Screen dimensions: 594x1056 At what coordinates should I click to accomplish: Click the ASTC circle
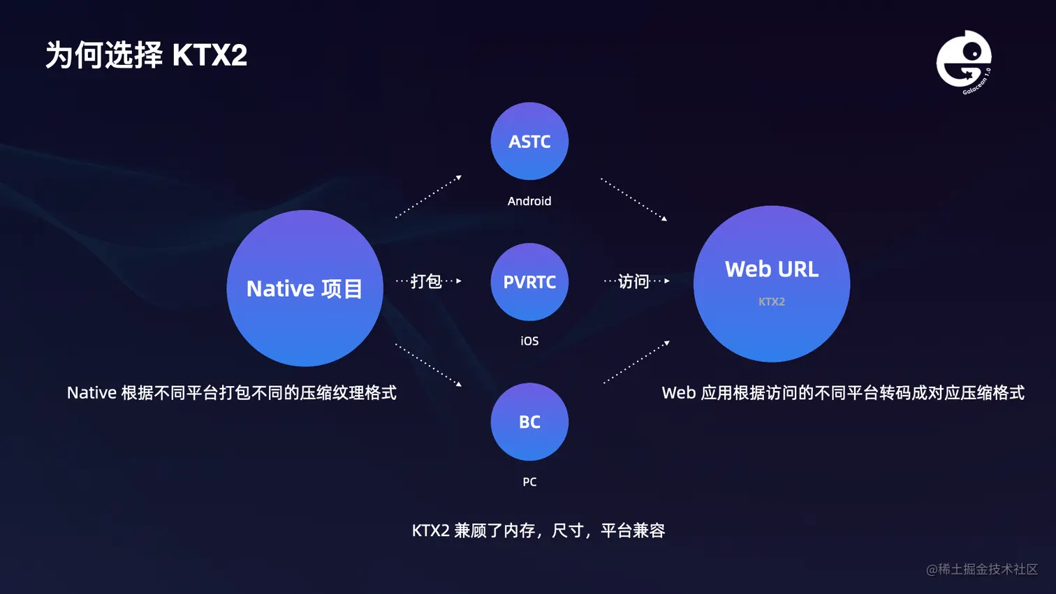point(529,141)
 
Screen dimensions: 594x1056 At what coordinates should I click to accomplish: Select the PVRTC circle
point(529,282)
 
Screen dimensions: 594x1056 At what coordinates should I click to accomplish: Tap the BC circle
point(529,422)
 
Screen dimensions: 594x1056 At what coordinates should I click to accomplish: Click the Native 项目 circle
point(305,288)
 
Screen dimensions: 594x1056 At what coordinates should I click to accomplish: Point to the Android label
point(529,201)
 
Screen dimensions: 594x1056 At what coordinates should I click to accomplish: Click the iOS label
point(529,341)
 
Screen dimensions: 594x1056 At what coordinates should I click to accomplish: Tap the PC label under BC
point(529,482)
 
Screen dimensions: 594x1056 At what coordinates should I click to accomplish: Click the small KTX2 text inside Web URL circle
point(772,302)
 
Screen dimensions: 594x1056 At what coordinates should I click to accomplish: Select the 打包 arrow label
point(426,281)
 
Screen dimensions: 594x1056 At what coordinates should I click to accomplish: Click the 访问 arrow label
point(633,281)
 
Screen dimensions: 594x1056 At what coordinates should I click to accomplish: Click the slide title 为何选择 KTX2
point(147,55)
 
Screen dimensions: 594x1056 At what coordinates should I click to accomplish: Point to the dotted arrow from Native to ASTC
point(428,198)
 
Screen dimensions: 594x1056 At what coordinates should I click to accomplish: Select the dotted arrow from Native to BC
point(428,364)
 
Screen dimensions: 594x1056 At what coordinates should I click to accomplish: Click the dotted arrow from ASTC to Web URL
point(633,200)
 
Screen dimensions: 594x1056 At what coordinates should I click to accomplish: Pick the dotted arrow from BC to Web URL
point(636,362)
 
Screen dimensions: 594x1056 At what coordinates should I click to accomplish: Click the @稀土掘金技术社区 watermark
point(982,570)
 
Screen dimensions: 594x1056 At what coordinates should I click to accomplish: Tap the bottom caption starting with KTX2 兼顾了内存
point(538,530)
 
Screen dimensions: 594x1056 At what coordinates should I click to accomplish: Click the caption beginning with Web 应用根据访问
point(843,393)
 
